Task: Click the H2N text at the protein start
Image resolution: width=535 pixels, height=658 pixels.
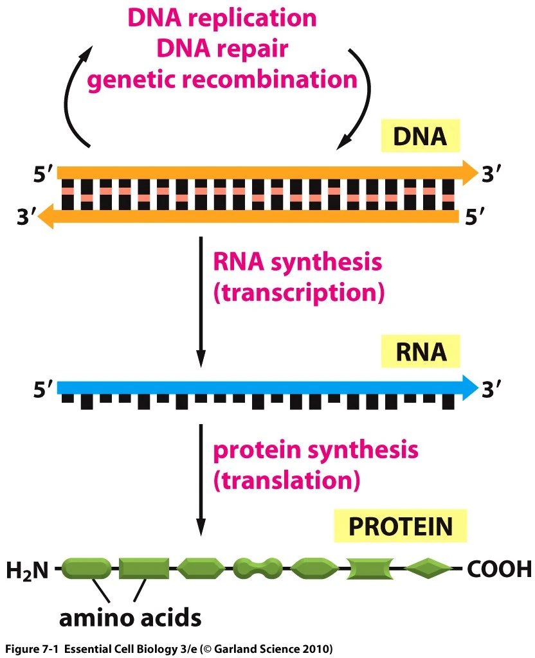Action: (x=27, y=569)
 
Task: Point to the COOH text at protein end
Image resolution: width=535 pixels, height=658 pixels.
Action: (x=499, y=569)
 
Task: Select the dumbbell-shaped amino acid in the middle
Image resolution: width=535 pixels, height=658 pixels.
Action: (x=257, y=568)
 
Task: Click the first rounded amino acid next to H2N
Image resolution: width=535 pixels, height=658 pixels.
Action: (x=87, y=568)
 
